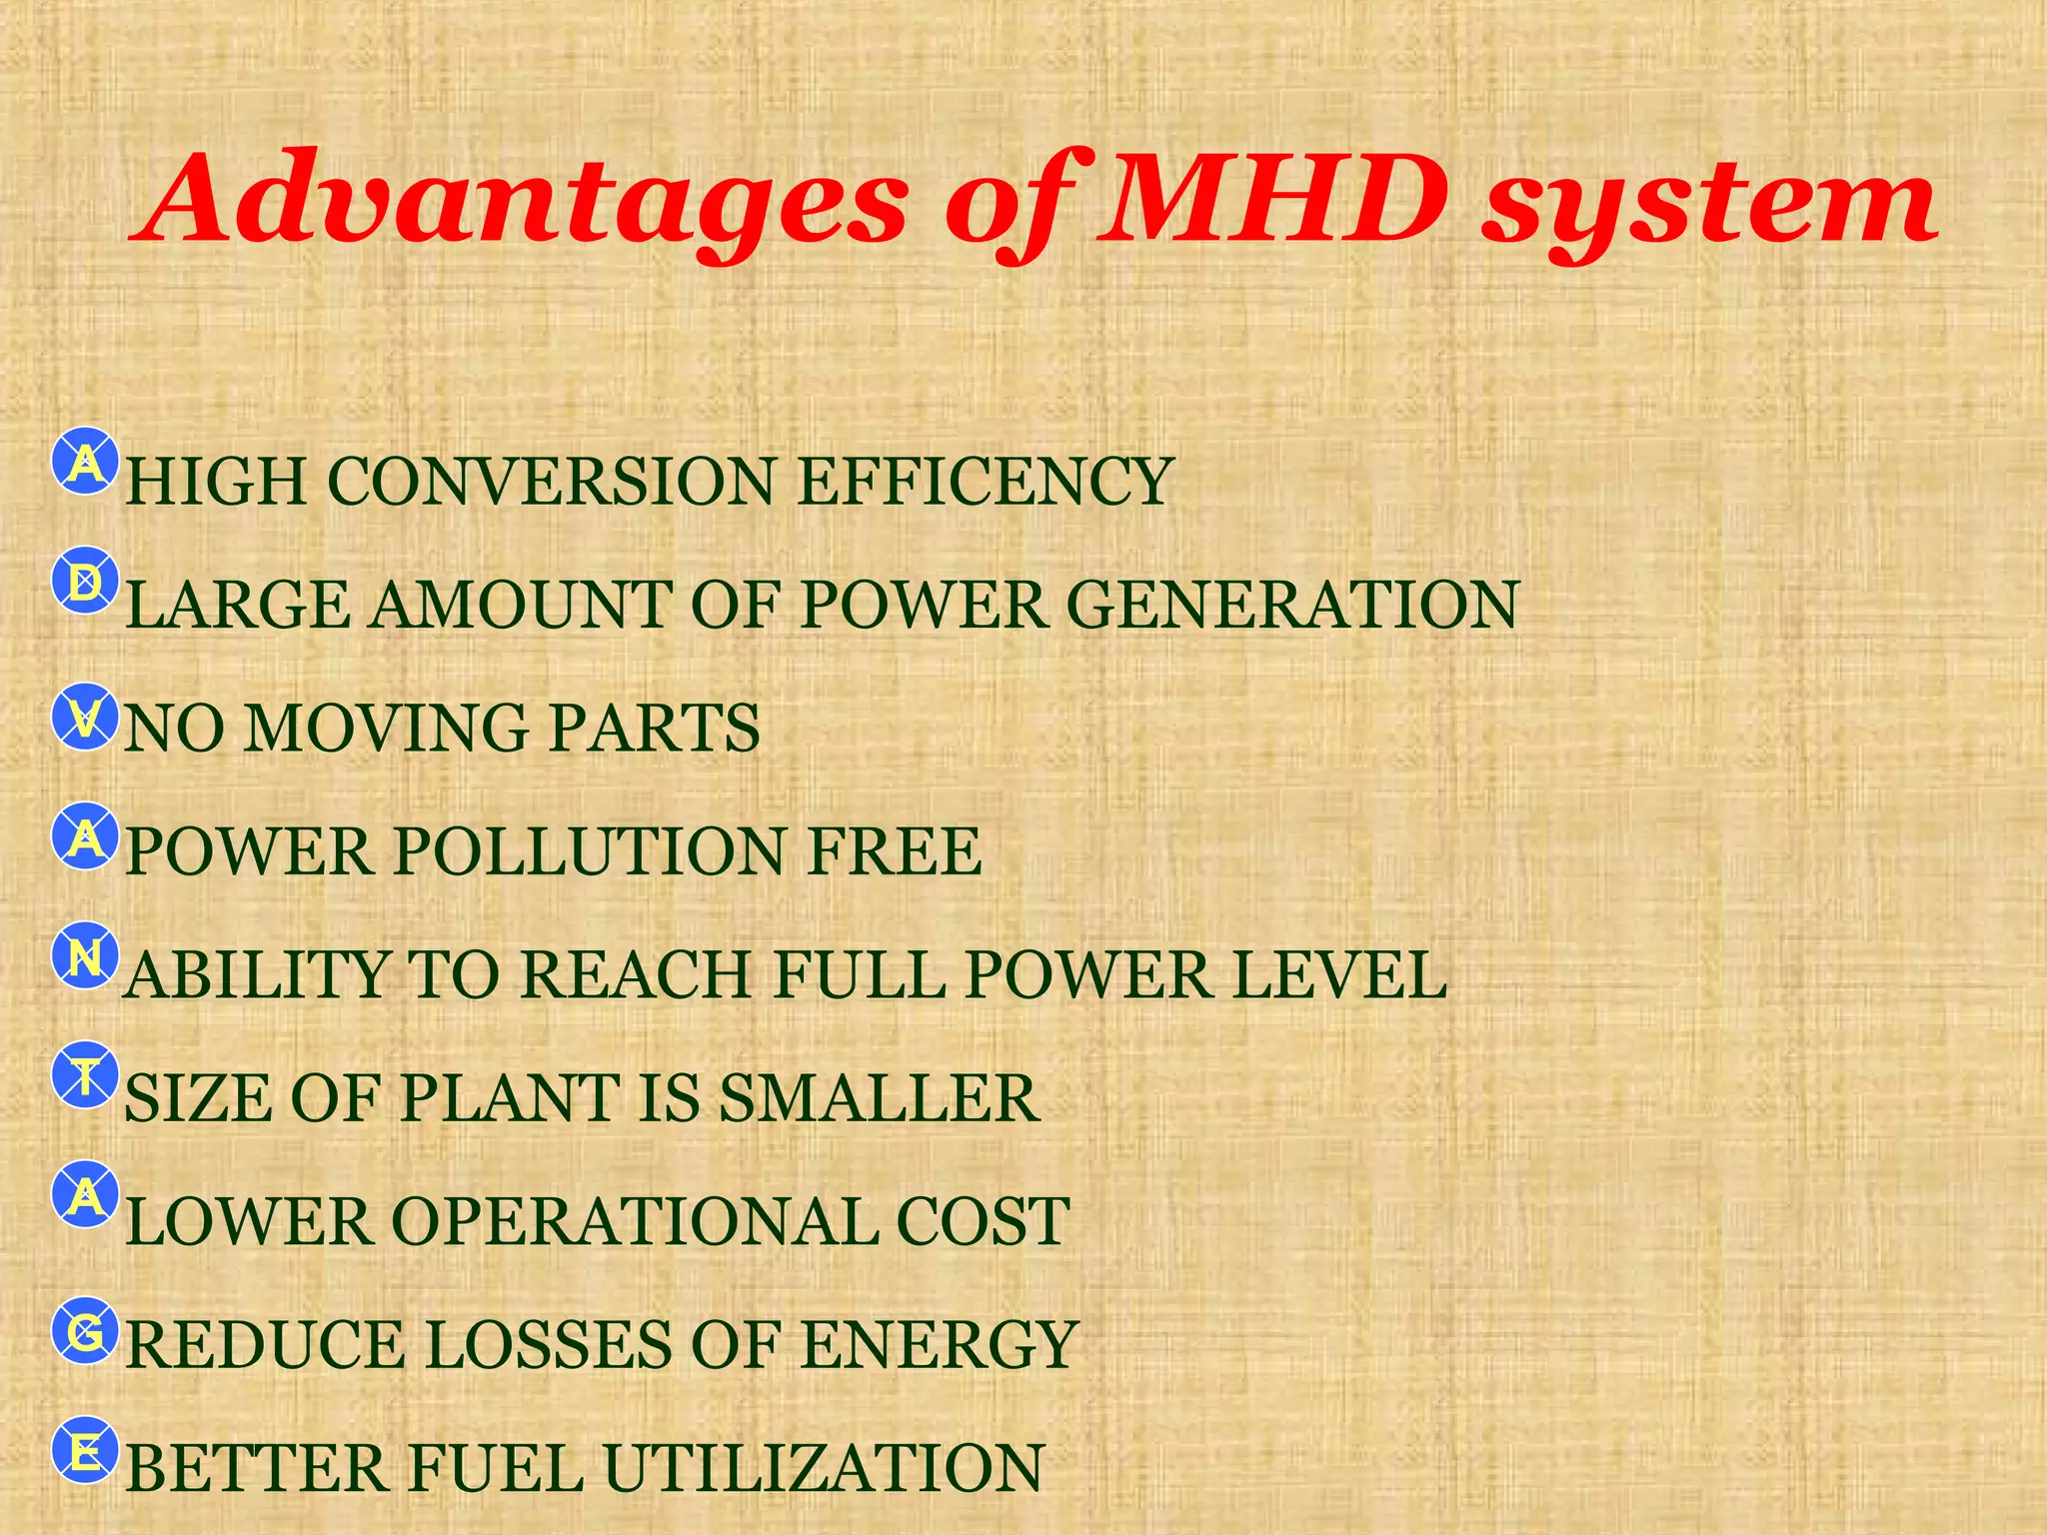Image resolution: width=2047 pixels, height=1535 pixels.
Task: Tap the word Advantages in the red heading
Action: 520,200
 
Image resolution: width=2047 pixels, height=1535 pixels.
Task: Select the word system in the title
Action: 1709,205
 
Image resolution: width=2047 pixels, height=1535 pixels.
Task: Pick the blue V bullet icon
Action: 86,717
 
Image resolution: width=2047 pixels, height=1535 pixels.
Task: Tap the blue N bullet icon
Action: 86,957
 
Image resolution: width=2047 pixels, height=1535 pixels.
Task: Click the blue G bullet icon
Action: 86,1331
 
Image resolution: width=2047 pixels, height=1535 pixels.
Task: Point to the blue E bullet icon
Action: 86,1451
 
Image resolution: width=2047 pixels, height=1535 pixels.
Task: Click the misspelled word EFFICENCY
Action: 985,482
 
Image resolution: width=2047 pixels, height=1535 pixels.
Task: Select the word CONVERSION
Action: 551,482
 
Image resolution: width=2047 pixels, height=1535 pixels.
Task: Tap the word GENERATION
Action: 1293,605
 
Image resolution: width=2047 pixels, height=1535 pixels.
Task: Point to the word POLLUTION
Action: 590,851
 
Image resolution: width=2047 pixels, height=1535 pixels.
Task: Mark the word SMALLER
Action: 880,1098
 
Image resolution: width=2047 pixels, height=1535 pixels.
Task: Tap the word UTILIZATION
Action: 824,1468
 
